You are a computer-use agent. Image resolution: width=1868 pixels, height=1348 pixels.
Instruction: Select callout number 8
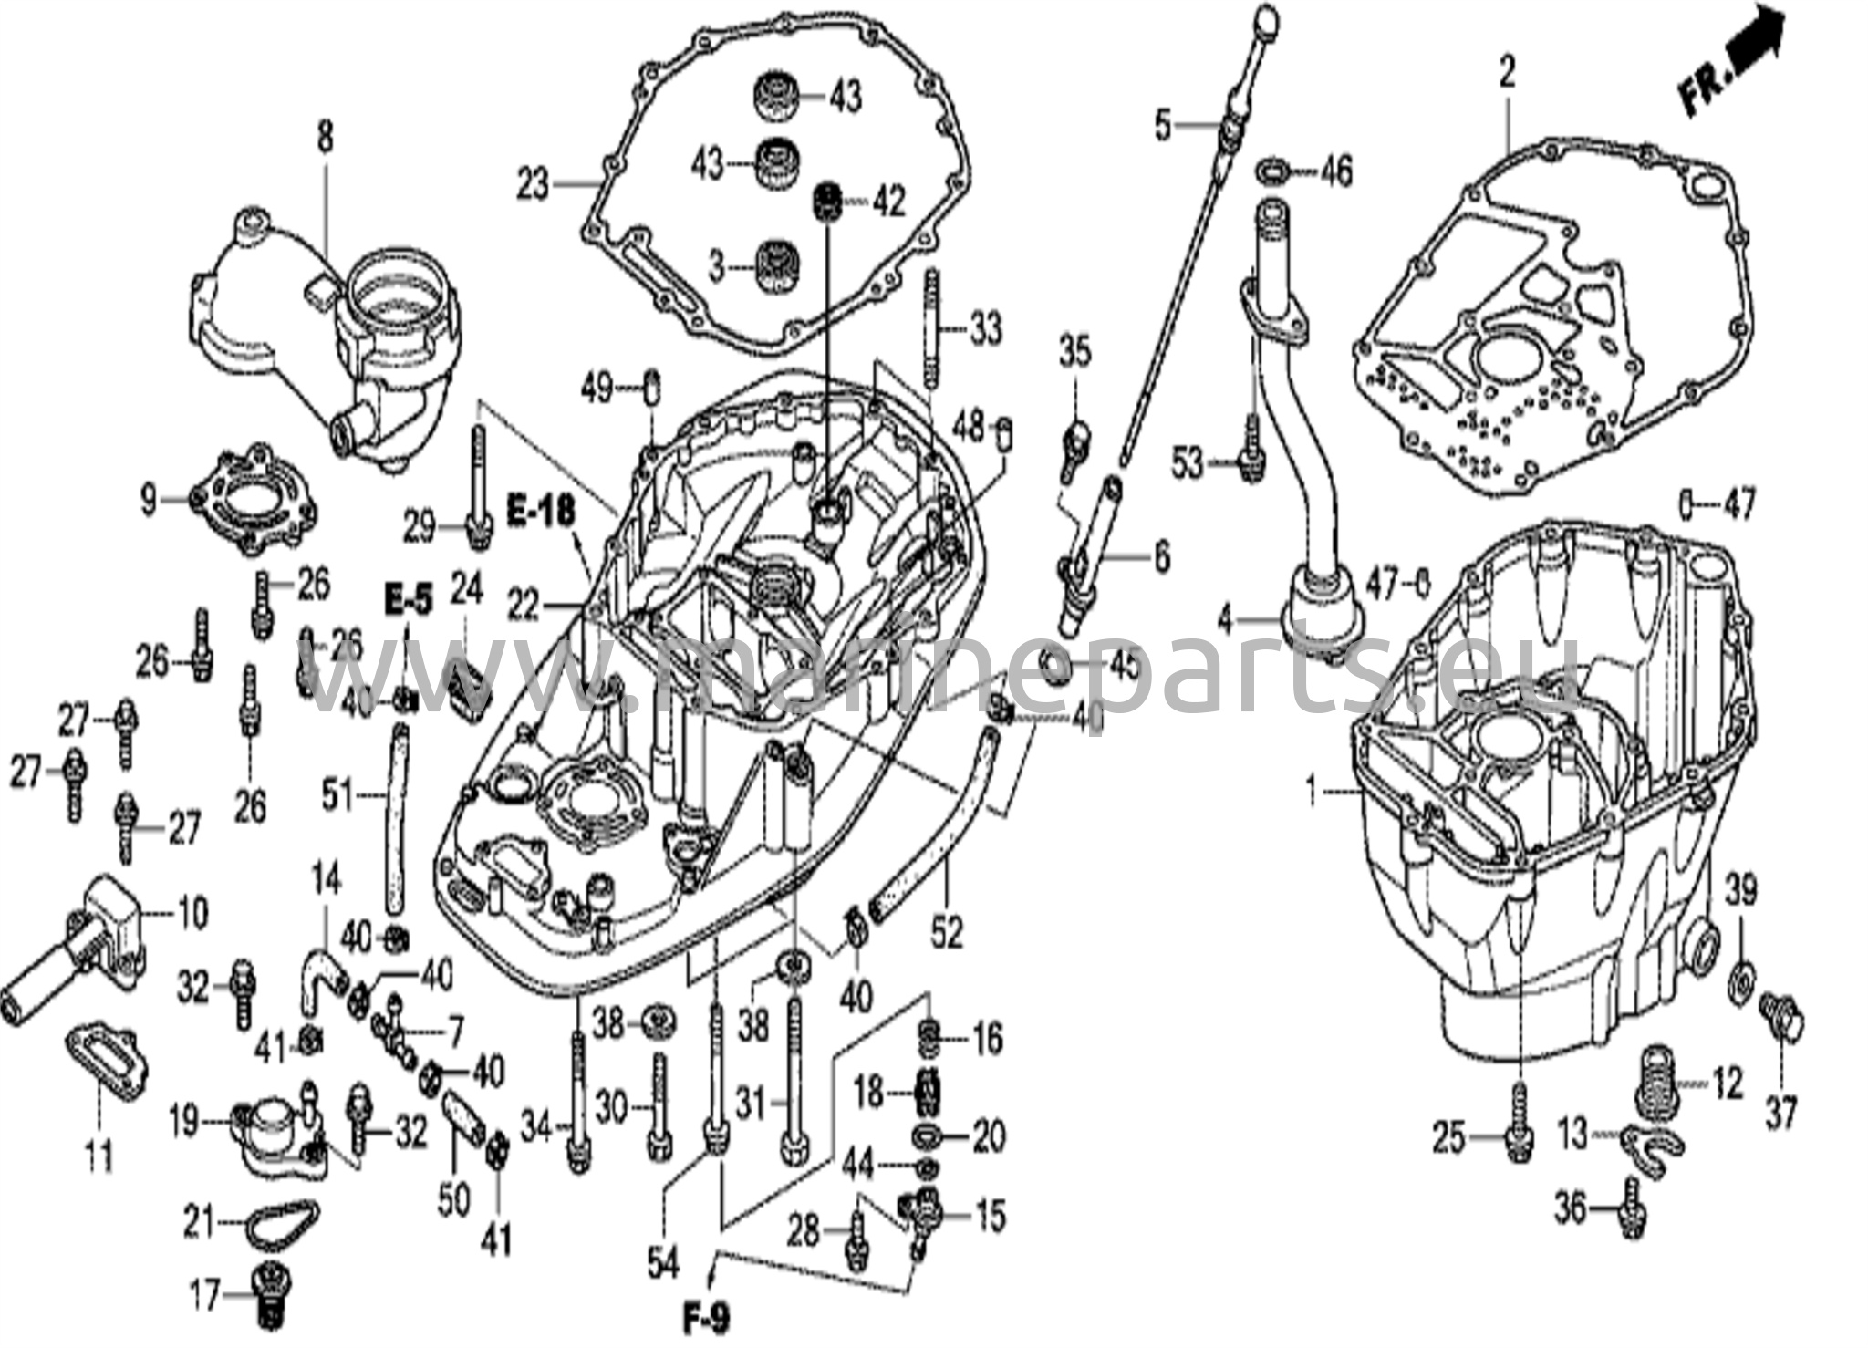pos(325,138)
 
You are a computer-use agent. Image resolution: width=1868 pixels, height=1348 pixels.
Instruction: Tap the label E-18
pos(542,512)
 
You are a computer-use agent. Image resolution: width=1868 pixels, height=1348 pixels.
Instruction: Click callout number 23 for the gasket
pos(533,185)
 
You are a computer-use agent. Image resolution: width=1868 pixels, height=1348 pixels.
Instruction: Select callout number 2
pos(1506,73)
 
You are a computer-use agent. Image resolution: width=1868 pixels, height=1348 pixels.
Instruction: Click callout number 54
pos(663,1264)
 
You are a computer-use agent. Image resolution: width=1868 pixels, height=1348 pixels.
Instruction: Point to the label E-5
pos(407,599)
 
